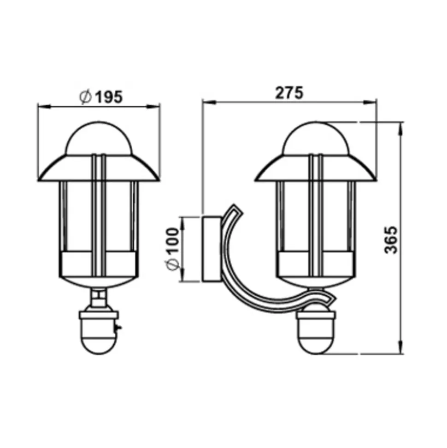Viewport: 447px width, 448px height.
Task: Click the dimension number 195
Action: pyautogui.click(x=108, y=97)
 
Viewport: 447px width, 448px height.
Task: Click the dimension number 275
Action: pyautogui.click(x=289, y=93)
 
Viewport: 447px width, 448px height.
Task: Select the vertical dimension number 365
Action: pyautogui.click(x=391, y=240)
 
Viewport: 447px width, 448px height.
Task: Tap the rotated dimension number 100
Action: pyautogui.click(x=173, y=240)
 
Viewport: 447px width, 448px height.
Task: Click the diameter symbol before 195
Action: pyautogui.click(x=85, y=97)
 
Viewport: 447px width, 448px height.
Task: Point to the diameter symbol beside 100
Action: pyautogui.click(x=173, y=264)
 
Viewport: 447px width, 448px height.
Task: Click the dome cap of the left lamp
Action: pyautogui.click(x=99, y=138)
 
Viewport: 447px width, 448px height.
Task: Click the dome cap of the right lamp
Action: pyautogui.click(x=316, y=138)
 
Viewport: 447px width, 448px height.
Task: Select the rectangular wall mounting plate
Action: pyautogui.click(x=212, y=249)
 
